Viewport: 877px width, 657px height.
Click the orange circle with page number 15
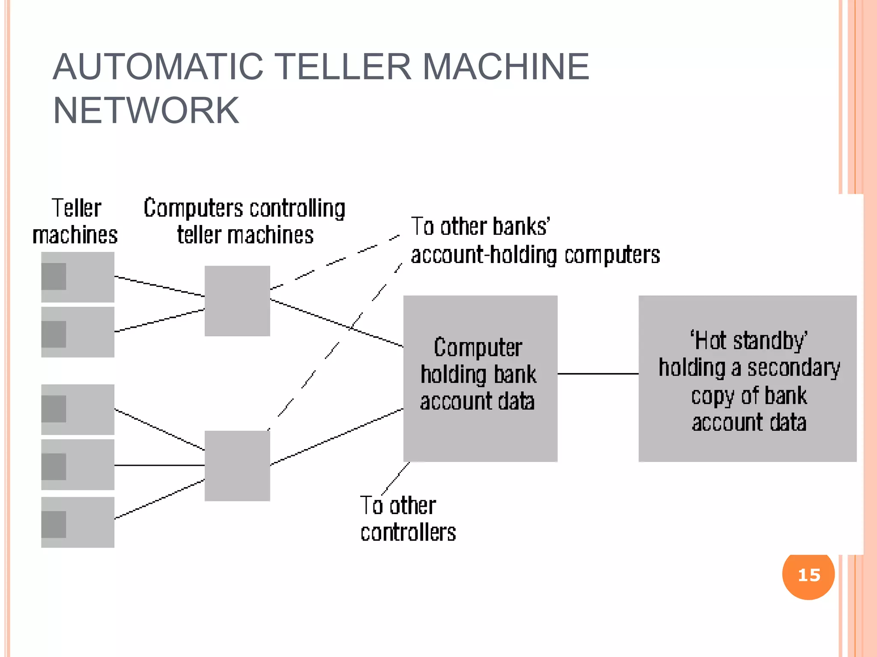[x=808, y=575]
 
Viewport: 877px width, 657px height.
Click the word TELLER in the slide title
[x=354, y=67]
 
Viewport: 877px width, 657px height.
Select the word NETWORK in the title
[x=146, y=110]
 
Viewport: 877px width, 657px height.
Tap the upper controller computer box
[x=237, y=301]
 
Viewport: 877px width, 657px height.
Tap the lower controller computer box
[x=237, y=465]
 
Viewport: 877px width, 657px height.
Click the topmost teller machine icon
[x=78, y=277]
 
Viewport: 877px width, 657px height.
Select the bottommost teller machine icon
[x=78, y=522]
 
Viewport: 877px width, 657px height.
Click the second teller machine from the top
[x=78, y=332]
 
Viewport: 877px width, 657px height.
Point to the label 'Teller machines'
[x=75, y=222]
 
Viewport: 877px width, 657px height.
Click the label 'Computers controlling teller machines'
[x=245, y=222]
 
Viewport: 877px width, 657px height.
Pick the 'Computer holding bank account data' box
[x=480, y=378]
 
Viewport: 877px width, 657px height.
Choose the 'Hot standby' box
[x=747, y=378]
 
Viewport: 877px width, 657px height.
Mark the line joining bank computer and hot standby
[x=598, y=374]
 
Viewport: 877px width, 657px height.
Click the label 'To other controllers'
[x=407, y=519]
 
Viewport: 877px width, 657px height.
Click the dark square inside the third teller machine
[x=54, y=409]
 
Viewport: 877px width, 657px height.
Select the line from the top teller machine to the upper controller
[x=159, y=286]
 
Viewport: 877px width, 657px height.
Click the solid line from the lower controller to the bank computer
[x=337, y=437]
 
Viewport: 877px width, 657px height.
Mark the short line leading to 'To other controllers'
[x=396, y=478]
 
